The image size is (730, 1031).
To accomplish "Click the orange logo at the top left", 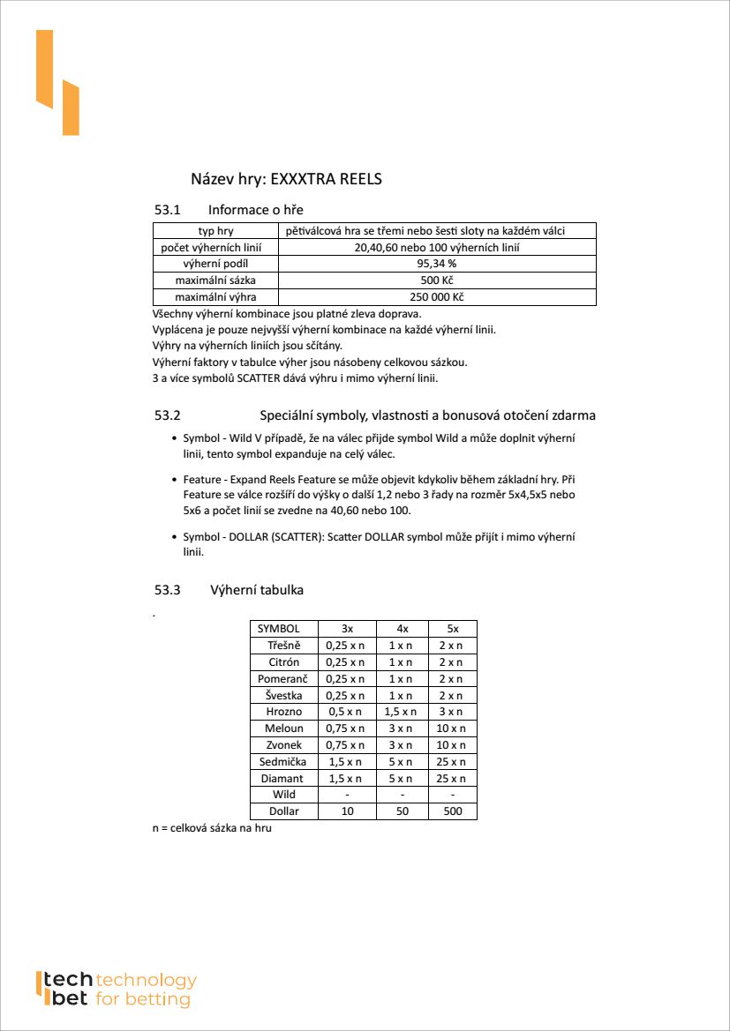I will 57,83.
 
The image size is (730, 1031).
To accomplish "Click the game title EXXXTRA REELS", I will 286,179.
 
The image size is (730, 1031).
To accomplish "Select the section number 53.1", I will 168,210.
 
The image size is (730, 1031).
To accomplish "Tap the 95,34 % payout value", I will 436,264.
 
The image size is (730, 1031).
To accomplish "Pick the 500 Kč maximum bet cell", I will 436,280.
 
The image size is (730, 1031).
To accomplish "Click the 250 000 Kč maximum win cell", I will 436,297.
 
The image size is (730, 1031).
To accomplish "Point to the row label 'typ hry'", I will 215,231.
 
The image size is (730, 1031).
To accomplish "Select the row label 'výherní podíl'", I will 215,264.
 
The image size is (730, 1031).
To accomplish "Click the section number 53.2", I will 168,415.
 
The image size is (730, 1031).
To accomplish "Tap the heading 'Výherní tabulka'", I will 257,590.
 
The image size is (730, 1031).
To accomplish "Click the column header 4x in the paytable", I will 403,629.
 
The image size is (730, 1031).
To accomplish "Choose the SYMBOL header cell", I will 279,629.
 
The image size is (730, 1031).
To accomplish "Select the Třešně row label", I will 284,646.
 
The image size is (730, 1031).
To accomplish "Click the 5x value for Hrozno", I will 452,712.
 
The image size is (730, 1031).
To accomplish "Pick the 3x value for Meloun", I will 347,728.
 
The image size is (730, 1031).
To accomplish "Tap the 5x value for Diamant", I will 452,779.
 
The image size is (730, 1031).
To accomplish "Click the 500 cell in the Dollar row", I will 452,811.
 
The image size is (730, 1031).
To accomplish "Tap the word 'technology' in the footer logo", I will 146,981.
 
